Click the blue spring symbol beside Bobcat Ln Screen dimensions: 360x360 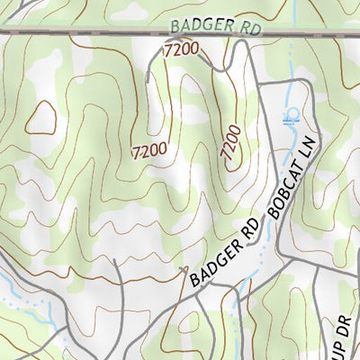[x=290, y=114]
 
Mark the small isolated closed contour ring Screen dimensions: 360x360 [x=41, y=115]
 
